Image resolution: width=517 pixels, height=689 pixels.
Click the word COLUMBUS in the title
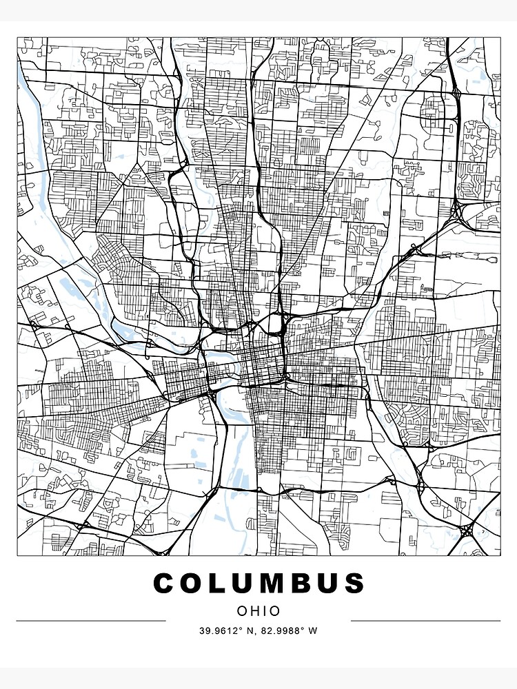(x=258, y=584)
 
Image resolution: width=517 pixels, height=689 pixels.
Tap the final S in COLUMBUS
(x=354, y=584)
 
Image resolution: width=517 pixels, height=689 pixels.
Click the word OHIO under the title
(x=258, y=610)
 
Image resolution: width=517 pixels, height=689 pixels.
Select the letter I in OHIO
(x=265, y=610)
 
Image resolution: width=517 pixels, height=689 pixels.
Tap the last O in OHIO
(x=276, y=610)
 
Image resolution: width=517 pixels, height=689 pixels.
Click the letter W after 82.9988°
(x=314, y=630)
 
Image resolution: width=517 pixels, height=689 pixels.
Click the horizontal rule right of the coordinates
(x=425, y=621)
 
